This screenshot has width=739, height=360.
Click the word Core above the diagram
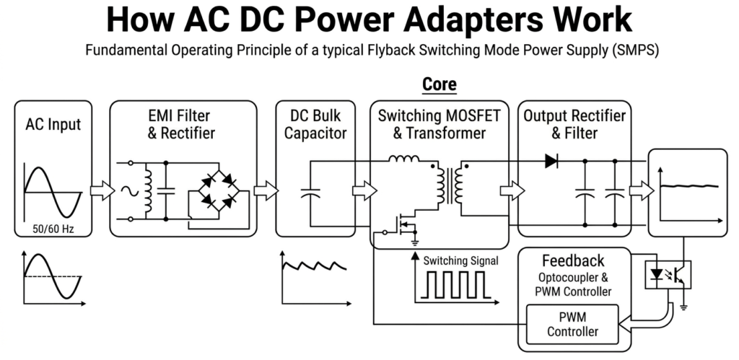point(439,84)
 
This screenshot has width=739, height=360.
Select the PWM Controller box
point(572,324)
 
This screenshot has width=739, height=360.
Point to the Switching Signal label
point(460,261)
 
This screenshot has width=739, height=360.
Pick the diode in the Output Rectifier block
point(552,162)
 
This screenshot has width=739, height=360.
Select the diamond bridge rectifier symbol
point(217,191)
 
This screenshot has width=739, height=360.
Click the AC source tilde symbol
point(132,191)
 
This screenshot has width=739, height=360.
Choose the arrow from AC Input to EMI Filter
point(102,191)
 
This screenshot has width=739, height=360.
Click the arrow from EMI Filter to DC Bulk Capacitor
point(266,191)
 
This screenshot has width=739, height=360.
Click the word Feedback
point(572,260)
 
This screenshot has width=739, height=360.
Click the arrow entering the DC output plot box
point(639,191)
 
